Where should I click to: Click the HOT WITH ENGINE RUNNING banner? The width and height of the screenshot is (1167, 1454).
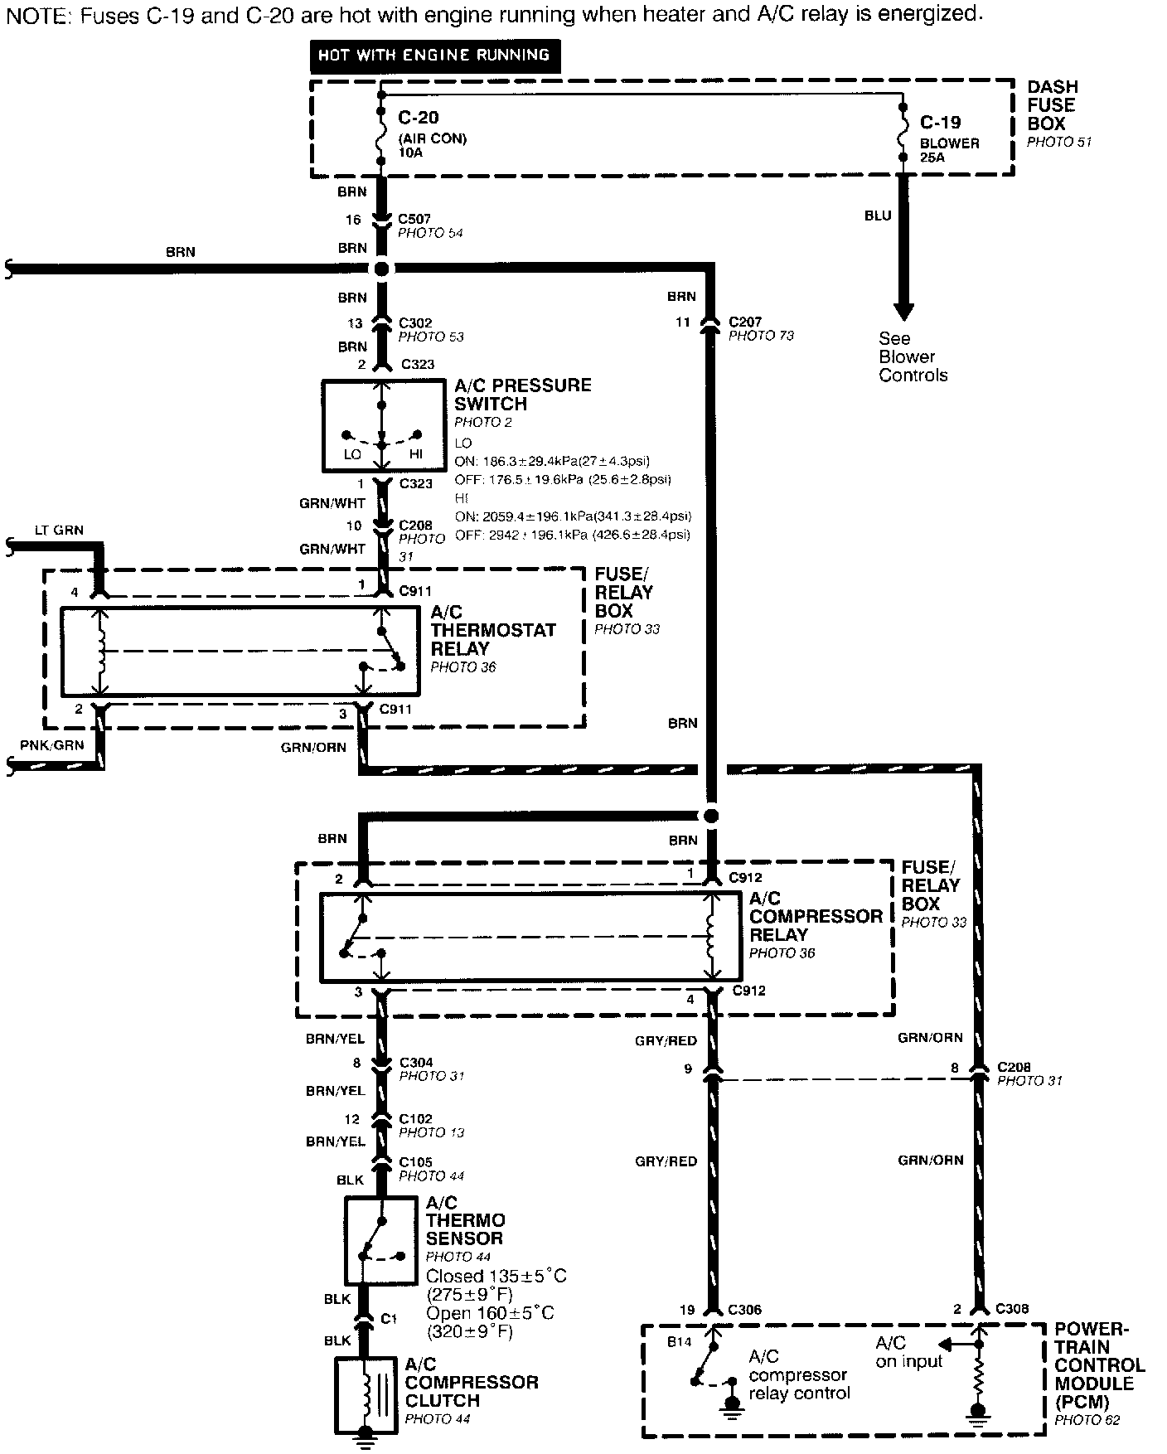[434, 56]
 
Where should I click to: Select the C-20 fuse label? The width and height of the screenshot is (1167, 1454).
[418, 118]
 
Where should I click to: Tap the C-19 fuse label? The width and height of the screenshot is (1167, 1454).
[940, 123]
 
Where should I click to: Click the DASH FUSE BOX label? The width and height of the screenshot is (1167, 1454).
[1052, 105]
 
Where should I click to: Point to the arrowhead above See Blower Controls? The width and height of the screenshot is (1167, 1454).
[903, 312]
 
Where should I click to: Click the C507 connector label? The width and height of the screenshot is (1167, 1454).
[414, 219]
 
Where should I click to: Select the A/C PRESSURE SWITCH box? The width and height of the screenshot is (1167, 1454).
[381, 425]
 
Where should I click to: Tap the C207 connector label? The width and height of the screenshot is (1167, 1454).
[745, 322]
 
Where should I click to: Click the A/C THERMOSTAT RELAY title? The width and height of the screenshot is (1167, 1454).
[492, 630]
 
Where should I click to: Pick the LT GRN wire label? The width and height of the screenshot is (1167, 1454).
[59, 531]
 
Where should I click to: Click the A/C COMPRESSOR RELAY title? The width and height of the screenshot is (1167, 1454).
[816, 916]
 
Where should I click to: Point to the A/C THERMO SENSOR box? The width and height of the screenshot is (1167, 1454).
[381, 1239]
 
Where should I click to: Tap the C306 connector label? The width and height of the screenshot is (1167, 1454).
[743, 1310]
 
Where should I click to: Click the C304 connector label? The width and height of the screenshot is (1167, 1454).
[416, 1063]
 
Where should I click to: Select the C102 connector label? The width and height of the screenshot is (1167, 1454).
[416, 1119]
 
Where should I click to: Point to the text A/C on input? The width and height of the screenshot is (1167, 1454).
[909, 1352]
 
